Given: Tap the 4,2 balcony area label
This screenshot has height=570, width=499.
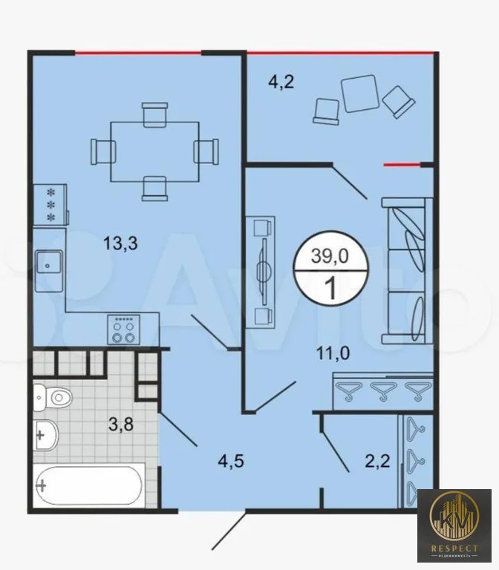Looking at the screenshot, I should tap(281, 82).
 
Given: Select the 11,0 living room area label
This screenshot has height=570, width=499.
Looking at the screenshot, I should tap(333, 353).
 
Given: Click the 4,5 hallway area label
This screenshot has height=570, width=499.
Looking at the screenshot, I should tap(230, 461).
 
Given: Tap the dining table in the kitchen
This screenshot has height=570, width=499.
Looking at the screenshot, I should tap(154, 151).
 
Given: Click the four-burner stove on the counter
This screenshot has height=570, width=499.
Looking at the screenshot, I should tap(123, 328).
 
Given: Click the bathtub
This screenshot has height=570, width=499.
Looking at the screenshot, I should tap(88, 485).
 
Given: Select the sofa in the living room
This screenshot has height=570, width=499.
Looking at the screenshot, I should tap(407, 271).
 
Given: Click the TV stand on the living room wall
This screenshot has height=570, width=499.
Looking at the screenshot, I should tap(261, 271).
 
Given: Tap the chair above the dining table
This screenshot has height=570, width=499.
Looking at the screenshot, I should tap(154, 114).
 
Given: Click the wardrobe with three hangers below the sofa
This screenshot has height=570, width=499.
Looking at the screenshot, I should tap(381, 390).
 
